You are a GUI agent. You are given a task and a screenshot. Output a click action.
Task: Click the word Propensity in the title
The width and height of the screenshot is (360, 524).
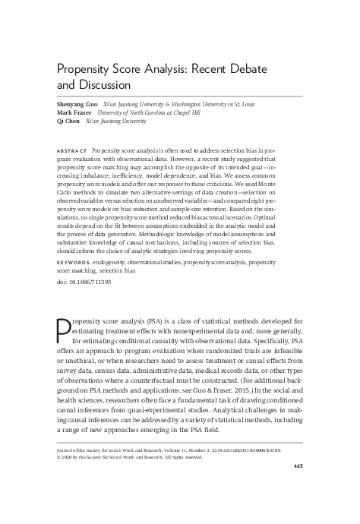coord(87,71)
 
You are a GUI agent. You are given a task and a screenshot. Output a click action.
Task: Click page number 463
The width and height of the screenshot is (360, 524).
coord(297,466)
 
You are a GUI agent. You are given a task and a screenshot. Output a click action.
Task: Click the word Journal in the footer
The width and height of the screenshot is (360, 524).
coord(68,449)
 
